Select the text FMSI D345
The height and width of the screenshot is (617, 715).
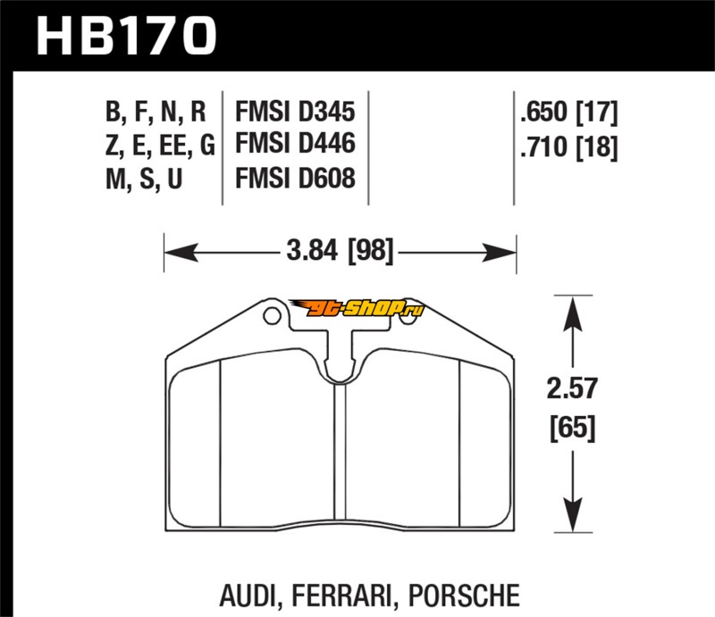point(295,113)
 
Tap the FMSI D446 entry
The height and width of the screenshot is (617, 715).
point(295,144)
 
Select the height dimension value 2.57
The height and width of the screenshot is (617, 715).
point(571,389)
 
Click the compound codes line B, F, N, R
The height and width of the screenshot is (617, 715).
point(156,113)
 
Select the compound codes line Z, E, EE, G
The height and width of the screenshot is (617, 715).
point(160,145)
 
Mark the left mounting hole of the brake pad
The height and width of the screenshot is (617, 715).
point(271,315)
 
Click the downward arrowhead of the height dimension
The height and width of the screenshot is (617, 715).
point(573,521)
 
